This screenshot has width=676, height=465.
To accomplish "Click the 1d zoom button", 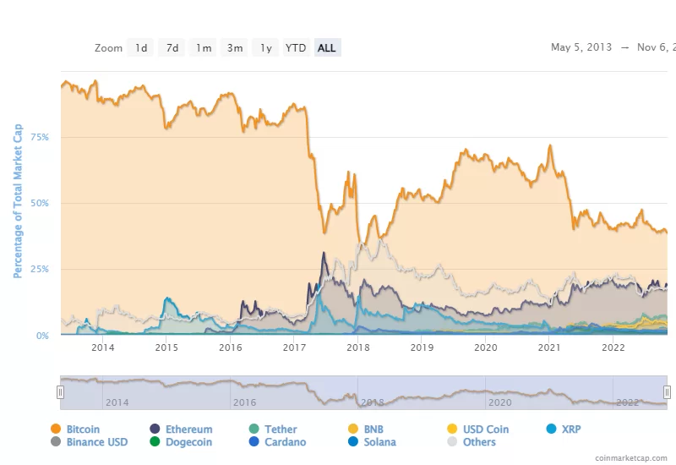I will point(141,48).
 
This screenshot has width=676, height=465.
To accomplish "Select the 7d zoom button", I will point(172,48).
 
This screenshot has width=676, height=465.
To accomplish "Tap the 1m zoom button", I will point(204,48).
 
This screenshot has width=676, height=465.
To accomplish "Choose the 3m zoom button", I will point(234,48).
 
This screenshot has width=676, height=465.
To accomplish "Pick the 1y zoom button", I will point(265,48).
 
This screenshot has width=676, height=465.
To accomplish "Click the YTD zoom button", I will point(296,48).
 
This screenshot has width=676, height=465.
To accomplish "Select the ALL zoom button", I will point(326,48).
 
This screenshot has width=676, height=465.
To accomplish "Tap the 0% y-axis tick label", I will point(42,336).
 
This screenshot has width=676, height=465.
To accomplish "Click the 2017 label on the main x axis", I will point(294,347).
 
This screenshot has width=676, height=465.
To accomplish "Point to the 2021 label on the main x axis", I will point(549,347).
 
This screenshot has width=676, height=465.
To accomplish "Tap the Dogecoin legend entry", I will point(188,442).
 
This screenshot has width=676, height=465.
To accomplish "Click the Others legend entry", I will point(479,442).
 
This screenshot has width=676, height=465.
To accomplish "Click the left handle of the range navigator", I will point(60,391).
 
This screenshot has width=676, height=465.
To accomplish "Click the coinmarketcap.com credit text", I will point(629,457).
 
